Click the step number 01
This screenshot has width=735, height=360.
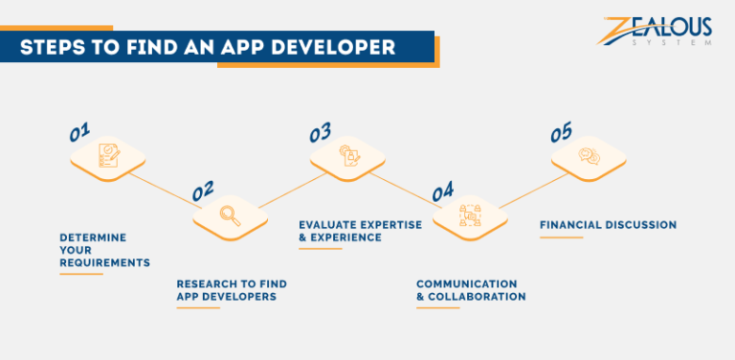[x=79, y=132]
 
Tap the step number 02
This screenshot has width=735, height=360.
[x=202, y=191]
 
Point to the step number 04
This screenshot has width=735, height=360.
[x=442, y=191]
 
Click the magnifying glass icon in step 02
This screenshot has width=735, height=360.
[x=229, y=214]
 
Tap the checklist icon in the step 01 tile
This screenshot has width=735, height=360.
[x=108, y=155]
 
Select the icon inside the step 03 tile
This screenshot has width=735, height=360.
[x=349, y=155]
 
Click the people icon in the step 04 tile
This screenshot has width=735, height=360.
[x=469, y=214]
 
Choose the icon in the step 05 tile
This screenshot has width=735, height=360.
[x=590, y=155]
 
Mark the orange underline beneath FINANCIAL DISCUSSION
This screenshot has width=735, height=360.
[x=561, y=237]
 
